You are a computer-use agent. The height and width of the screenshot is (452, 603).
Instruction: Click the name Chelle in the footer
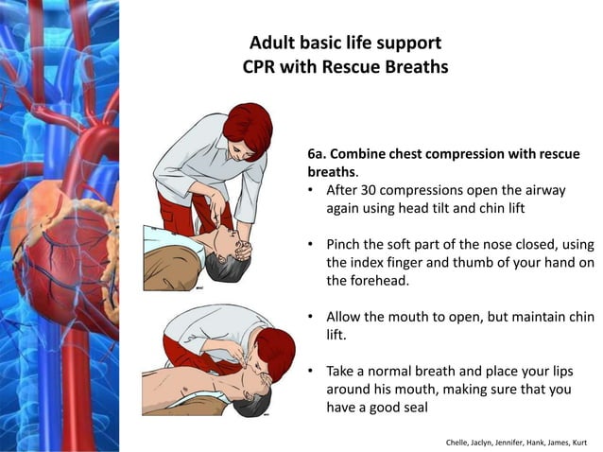pyautogui.click(x=459, y=441)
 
